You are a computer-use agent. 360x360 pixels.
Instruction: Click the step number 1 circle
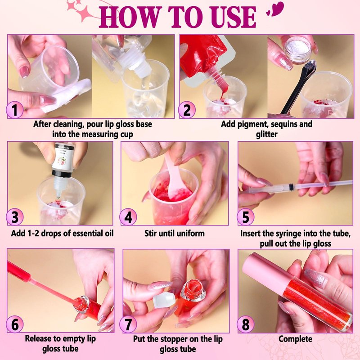coord(15,110)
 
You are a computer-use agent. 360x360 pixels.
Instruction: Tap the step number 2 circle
coord(187,110)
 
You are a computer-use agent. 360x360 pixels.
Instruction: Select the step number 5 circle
coord(245,217)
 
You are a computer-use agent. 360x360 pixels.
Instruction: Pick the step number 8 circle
coord(245,324)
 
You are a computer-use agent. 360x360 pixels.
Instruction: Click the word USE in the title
coord(233,17)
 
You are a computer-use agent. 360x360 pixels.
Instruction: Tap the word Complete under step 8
coord(295,339)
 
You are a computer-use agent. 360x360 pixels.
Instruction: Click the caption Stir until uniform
coord(175,233)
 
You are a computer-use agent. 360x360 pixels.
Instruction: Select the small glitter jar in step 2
coord(297,49)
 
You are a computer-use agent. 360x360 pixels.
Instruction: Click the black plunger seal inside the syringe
coord(291,187)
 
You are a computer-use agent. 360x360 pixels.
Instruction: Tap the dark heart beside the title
coord(277,9)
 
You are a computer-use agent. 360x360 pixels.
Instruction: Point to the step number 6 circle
coord(15,324)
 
